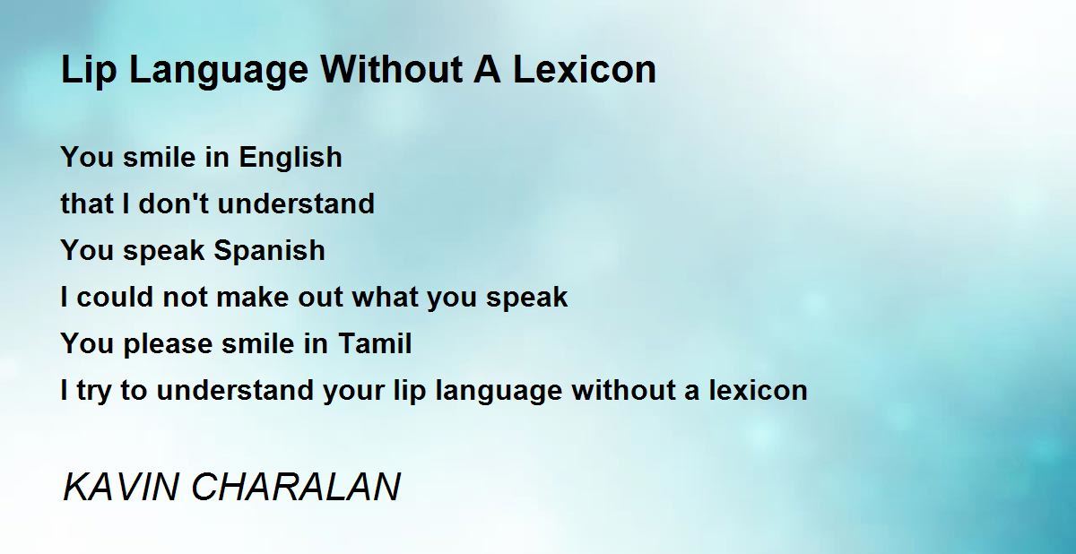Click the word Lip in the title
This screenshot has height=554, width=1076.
[89, 71]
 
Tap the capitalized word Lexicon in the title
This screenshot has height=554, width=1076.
[584, 70]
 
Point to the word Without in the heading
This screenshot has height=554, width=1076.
[392, 70]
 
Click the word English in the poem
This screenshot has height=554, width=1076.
[291, 157]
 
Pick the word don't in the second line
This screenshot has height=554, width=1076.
[174, 203]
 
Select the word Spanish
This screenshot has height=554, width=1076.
[270, 251]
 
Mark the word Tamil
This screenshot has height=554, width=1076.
[375, 343]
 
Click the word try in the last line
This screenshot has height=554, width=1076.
[93, 391]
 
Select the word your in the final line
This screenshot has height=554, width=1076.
[353, 391]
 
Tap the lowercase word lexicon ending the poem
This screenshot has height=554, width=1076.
[759, 390]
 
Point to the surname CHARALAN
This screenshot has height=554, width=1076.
[296, 487]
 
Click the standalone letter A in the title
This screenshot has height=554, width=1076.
[487, 70]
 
